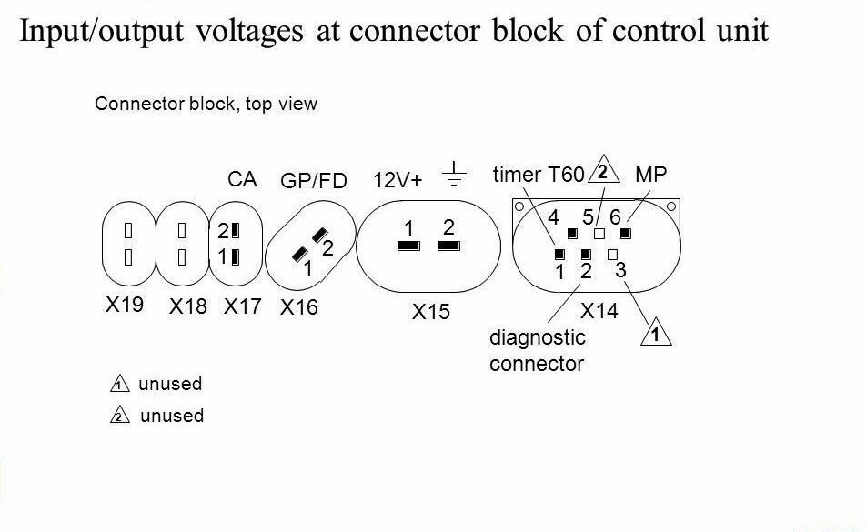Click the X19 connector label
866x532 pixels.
coord(125,304)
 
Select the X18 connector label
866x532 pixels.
coord(187,306)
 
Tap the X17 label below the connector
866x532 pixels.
coord(242,306)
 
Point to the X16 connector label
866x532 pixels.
coord(298,307)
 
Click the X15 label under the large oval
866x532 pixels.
coord(431,312)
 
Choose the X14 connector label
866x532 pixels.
coord(599,311)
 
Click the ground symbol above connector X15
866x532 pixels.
coord(454,174)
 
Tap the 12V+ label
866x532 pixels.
coord(398,180)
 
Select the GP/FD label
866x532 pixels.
coord(314,180)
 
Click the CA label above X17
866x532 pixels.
coord(242,179)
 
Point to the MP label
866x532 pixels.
coord(650,175)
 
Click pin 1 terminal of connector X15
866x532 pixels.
coord(408,246)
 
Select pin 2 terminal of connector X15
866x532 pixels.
coord(448,246)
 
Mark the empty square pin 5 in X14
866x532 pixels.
coord(599,234)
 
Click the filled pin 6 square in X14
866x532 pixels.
coord(626,234)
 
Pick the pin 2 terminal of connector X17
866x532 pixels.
coord(236,230)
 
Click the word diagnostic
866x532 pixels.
coord(538,337)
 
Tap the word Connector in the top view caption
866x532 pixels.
coord(140,104)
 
